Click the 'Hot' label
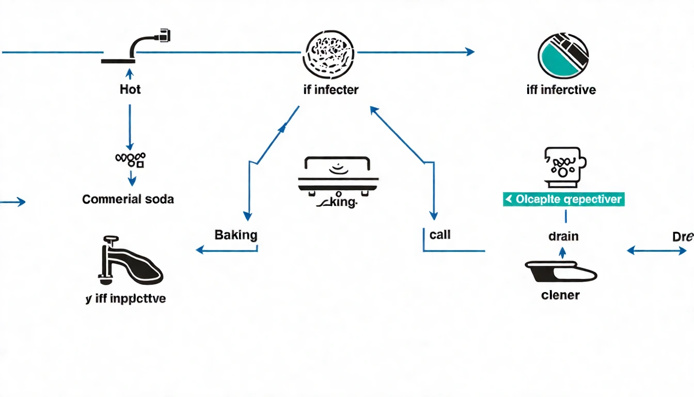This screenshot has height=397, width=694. coord(130,89)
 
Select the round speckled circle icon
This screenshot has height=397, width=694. coord(329,52)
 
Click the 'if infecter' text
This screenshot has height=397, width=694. coord(330,89)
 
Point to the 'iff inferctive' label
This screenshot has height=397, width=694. coord(561,89)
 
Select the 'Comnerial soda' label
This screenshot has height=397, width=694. coord(128,199)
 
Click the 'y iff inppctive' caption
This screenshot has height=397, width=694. coord(126,299)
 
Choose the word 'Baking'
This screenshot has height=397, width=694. coord(235,235)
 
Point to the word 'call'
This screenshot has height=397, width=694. coord(440,235)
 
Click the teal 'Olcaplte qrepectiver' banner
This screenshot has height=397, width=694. coord(563,200)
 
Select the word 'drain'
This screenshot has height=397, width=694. coord(563,236)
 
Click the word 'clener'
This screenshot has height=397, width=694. coord(560,295)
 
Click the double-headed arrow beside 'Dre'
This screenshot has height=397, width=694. coord(656,251)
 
